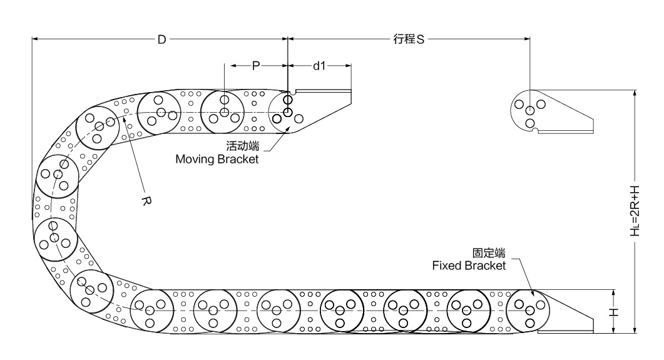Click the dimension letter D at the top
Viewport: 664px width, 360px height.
coord(161,39)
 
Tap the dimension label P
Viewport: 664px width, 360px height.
coord(256,65)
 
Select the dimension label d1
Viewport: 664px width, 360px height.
coord(319,65)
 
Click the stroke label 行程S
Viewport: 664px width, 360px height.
coord(409,39)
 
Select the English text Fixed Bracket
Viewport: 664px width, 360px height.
coord(469,265)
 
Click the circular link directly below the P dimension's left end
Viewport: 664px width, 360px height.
coord(223,112)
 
